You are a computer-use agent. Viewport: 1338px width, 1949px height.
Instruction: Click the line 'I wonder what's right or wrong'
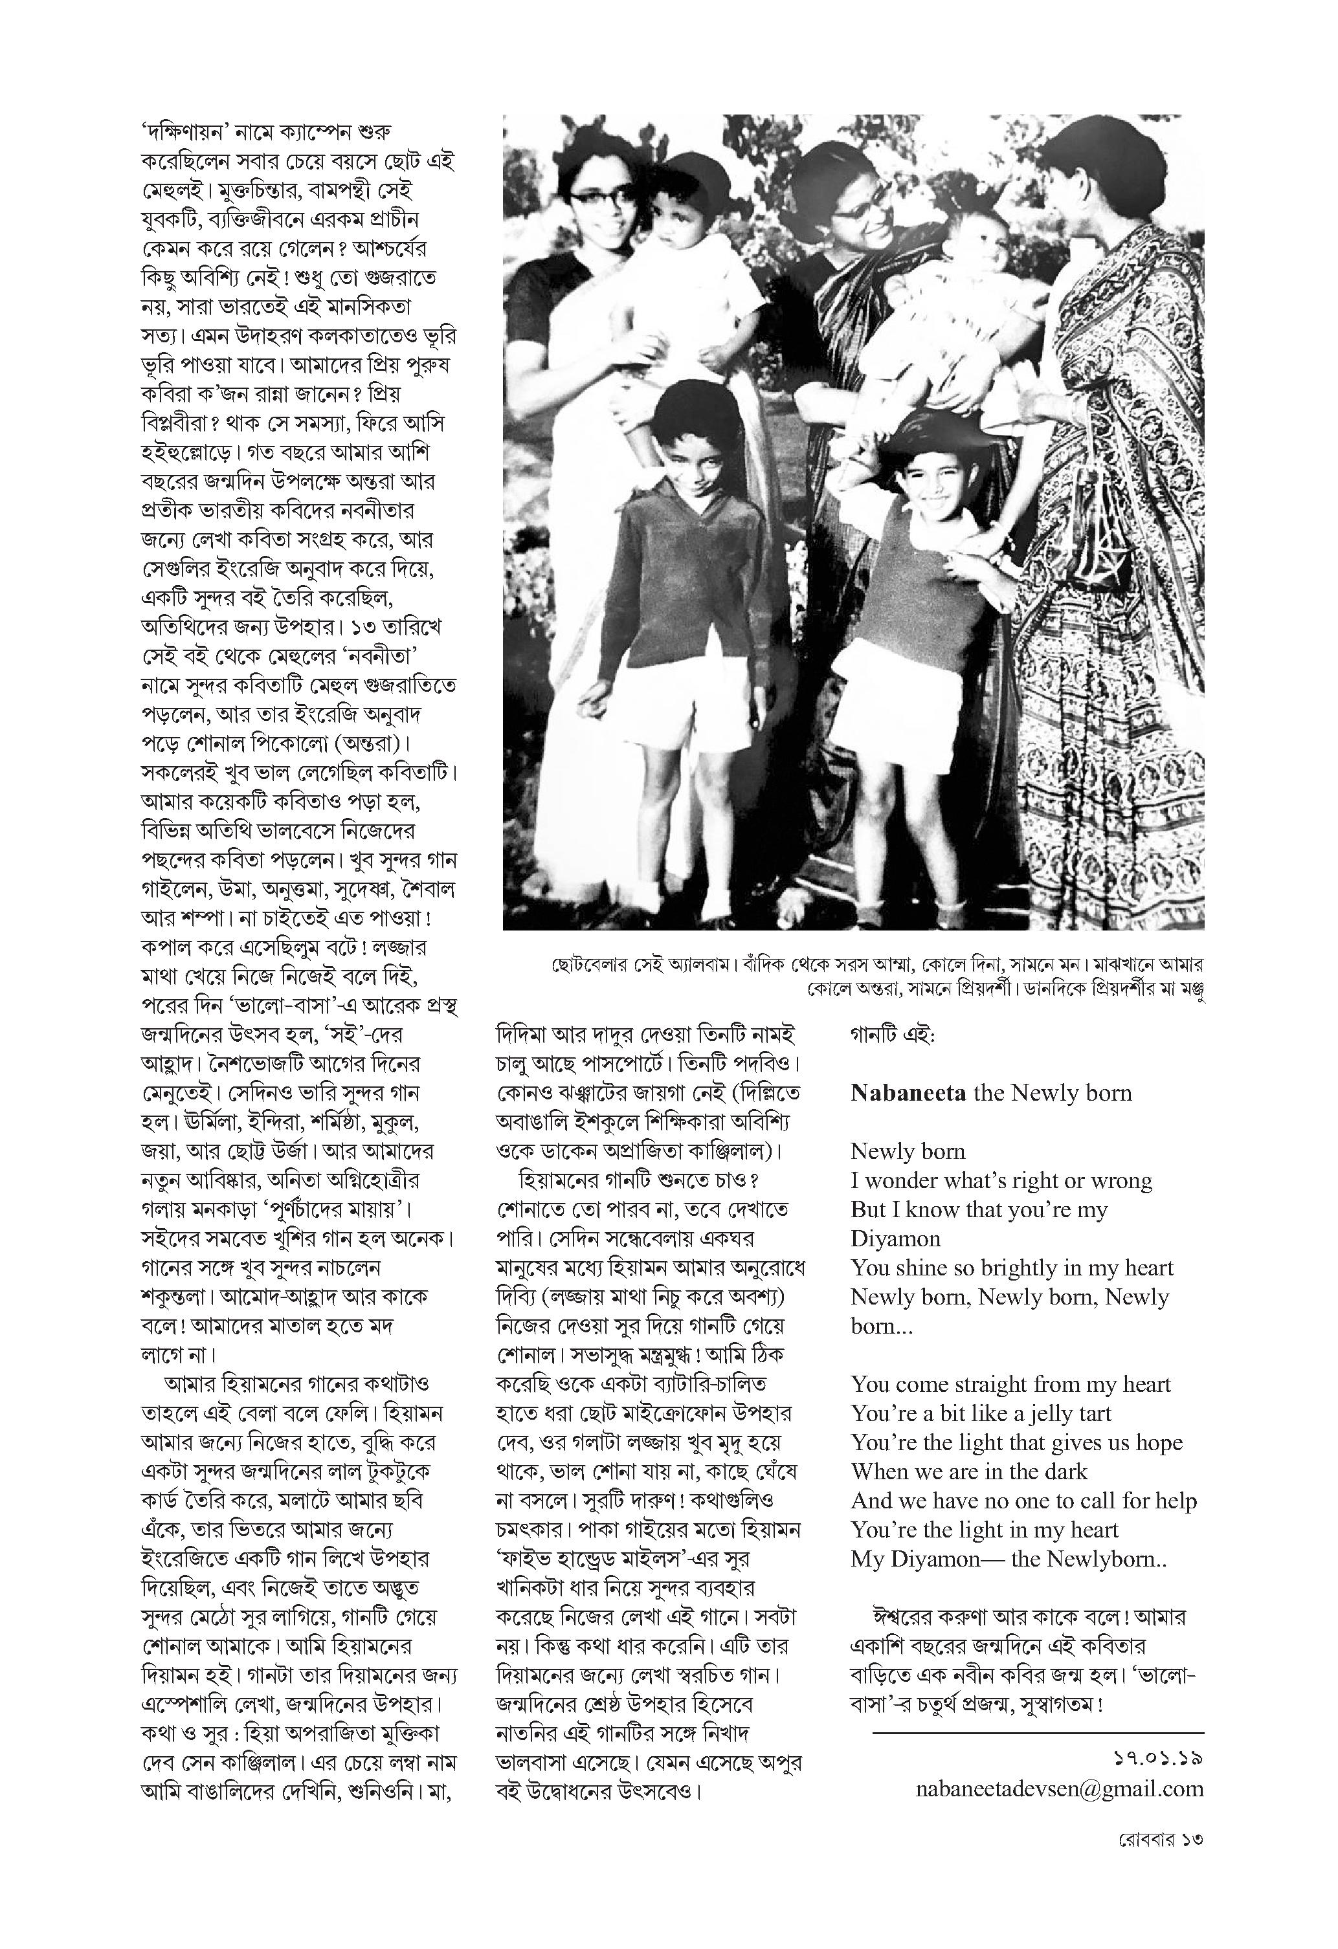pos(1001,1181)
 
